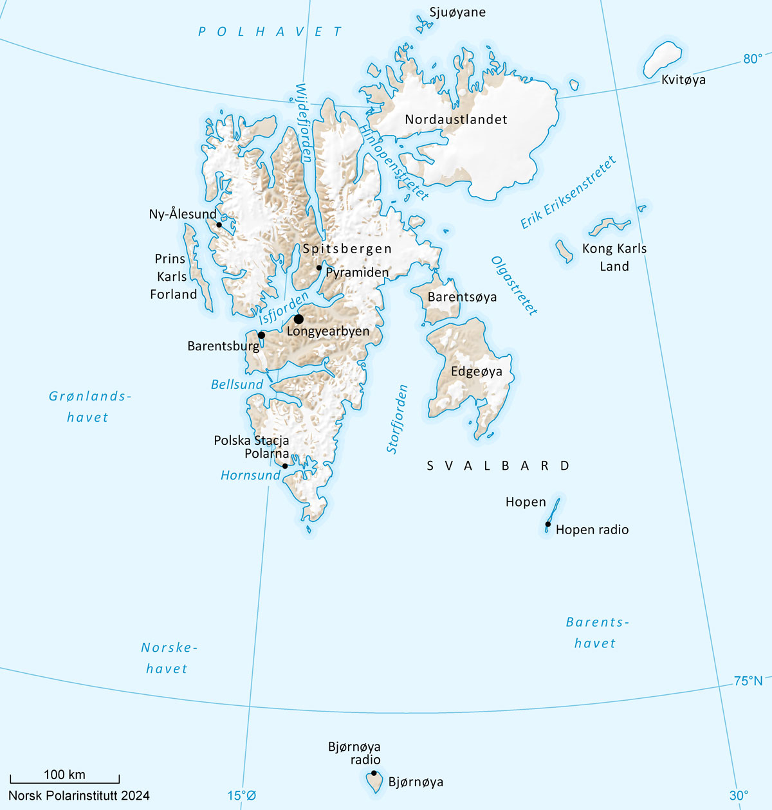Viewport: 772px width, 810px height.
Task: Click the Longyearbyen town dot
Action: (x=299, y=319)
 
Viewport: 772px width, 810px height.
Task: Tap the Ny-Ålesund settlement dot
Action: (x=219, y=225)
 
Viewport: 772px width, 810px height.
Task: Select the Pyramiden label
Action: (x=357, y=273)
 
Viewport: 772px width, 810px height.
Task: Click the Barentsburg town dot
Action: (x=261, y=335)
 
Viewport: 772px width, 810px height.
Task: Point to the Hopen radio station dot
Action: (x=547, y=525)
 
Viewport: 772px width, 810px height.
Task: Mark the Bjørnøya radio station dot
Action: (x=374, y=773)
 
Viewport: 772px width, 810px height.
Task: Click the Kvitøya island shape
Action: (x=663, y=59)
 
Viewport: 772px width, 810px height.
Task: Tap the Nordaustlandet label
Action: (x=456, y=120)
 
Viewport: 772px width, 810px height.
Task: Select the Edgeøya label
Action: (x=476, y=372)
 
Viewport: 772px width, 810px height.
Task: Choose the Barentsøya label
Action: (x=462, y=297)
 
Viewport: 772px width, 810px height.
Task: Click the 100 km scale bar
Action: (x=64, y=780)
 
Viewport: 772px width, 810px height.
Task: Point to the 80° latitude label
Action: (x=753, y=59)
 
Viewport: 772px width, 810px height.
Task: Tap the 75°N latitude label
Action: (x=748, y=681)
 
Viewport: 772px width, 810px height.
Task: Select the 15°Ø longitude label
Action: (x=241, y=796)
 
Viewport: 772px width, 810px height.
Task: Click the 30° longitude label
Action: (x=739, y=796)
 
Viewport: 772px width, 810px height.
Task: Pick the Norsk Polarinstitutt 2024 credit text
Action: (x=79, y=796)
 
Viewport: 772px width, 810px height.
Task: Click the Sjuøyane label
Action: (x=457, y=12)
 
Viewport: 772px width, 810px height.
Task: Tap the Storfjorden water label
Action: (x=398, y=419)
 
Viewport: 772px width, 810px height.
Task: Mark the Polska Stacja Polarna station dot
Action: (x=285, y=466)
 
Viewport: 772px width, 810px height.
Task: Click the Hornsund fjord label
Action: (x=250, y=475)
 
